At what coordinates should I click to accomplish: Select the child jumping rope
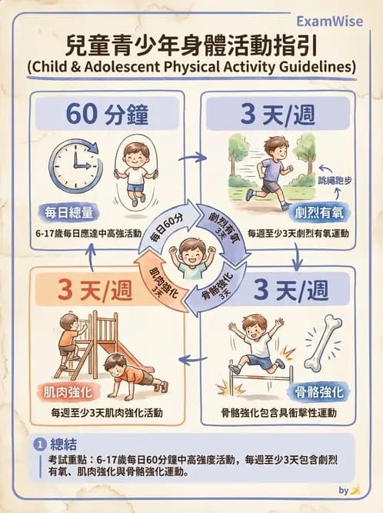click(136, 171)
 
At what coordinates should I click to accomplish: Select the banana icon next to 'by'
click(356, 490)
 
